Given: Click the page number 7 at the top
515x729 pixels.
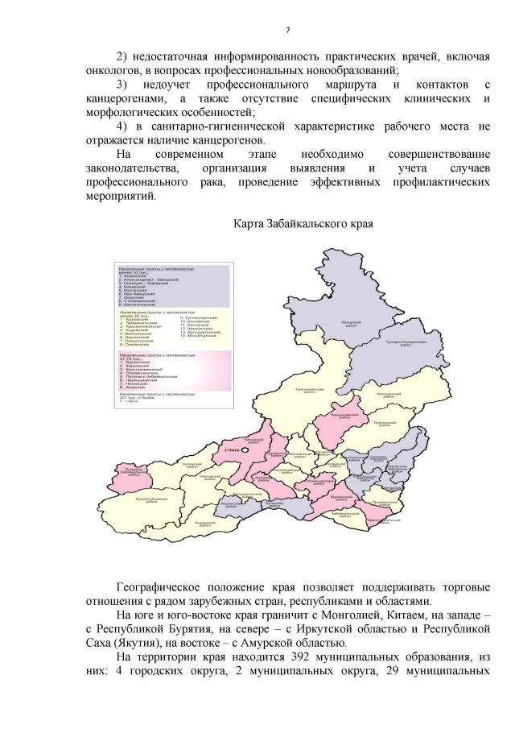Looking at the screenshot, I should tap(287, 31).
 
